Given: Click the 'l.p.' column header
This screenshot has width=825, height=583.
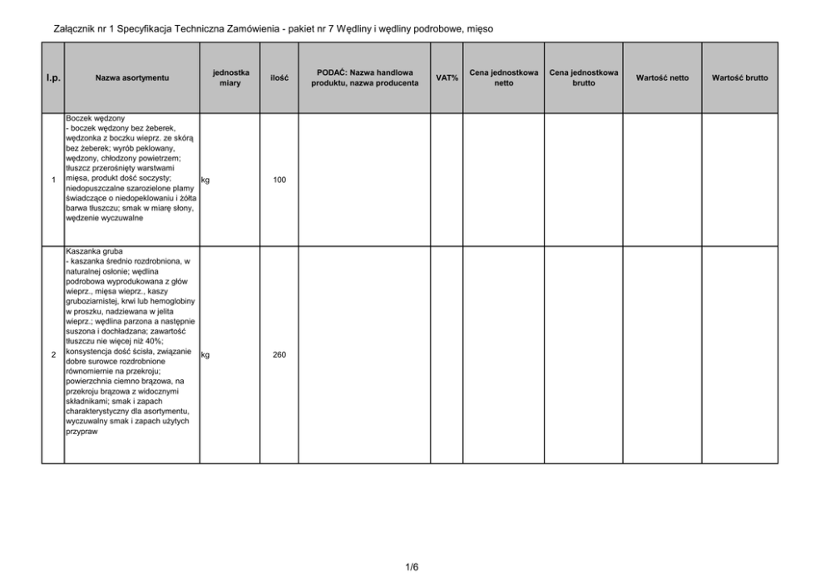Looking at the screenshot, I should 52,78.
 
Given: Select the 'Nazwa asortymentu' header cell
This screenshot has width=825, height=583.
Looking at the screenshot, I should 132,78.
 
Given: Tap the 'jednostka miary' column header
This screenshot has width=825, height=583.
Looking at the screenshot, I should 230,78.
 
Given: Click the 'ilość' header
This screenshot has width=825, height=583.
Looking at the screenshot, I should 279,78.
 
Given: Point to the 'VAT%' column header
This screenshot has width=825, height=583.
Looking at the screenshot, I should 447,78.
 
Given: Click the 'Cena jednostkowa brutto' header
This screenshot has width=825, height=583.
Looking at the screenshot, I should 584,78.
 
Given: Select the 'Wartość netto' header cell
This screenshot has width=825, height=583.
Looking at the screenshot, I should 662,78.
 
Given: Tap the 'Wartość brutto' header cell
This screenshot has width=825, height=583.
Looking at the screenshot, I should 739,78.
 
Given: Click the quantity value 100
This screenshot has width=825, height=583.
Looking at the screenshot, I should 279,180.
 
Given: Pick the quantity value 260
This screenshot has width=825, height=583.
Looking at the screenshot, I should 279,355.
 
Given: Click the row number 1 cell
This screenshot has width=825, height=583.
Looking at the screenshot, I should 52,180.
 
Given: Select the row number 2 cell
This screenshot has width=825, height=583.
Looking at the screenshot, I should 52,355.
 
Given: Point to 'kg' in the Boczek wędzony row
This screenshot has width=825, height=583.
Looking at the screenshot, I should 205,179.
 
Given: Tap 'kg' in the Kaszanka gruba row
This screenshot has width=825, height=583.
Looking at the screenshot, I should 205,354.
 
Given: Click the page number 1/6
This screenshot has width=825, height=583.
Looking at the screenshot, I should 412,567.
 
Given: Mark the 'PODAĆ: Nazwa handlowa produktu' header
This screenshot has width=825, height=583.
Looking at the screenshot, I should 364,78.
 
